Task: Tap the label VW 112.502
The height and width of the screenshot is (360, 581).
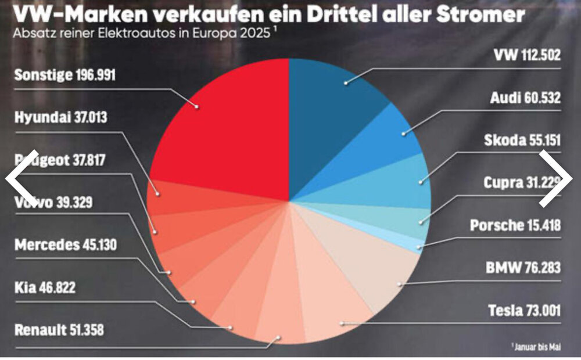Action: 527,56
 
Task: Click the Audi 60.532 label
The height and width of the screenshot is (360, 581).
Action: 525,99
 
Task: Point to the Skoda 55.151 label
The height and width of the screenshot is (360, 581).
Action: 522,141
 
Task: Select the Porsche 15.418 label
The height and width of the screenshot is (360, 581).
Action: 515,225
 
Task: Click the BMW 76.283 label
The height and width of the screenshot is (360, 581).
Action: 523,268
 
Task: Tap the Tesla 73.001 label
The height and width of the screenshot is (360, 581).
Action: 524,310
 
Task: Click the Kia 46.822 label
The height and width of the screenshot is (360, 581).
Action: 45,287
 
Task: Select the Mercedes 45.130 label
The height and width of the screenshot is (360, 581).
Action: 66,244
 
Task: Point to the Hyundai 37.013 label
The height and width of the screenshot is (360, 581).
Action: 60,118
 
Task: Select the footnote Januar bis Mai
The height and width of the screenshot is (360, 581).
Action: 537,347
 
